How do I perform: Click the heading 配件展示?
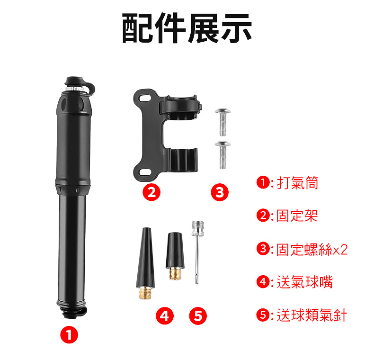coord(187,28)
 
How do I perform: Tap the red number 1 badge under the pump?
coord(69,335)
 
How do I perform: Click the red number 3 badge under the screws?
coord(219,192)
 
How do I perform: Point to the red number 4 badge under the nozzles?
coord(164,315)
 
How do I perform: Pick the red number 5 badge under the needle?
coord(198,315)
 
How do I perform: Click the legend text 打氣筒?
coord(298,182)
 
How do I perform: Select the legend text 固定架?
coord(297,216)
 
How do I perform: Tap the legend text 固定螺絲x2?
coord(312,249)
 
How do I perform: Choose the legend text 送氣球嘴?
coord(305,282)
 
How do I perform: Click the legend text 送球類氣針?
coord(312,315)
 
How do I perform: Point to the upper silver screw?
coord(222,121)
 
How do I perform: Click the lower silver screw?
coord(222,154)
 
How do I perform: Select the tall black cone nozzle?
coord(145,258)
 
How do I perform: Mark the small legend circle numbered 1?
coord(262,182)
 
